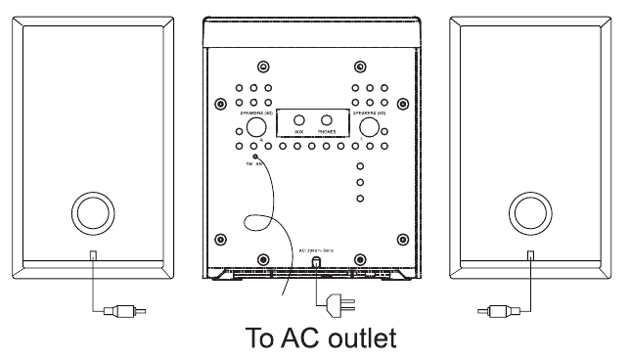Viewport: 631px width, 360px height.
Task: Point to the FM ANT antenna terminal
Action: coord(254,157)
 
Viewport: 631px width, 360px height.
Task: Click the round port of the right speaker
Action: coord(529,212)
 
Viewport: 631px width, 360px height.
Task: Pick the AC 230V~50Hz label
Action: coord(318,251)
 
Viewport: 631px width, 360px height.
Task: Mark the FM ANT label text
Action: coord(254,165)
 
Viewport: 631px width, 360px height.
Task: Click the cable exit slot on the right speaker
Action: coord(529,255)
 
